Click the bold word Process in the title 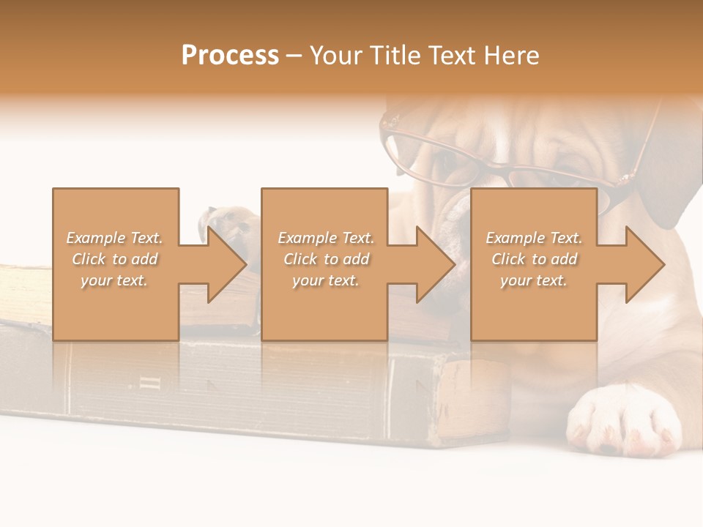tap(230, 56)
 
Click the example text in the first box tap(115, 259)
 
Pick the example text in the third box tap(534, 259)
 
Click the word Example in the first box tap(95, 238)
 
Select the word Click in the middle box tap(299, 259)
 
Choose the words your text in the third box tap(534, 280)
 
